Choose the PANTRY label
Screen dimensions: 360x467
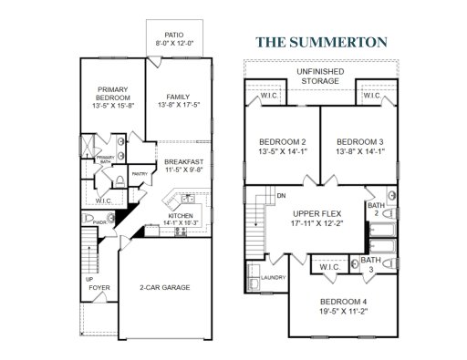pos(140,173)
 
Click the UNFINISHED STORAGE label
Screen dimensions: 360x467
pos(322,75)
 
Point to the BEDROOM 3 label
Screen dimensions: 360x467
pos(358,141)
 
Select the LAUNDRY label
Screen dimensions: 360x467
pos(274,277)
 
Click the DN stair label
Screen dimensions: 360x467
pos(282,195)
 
